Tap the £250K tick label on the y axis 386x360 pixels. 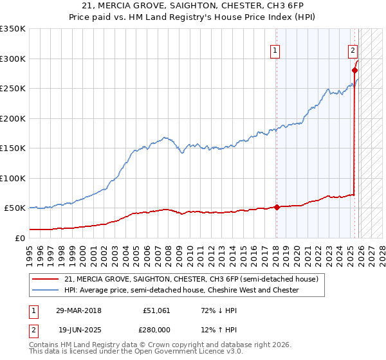[13, 89]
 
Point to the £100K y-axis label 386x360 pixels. [13, 178]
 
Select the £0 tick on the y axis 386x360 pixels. [19, 238]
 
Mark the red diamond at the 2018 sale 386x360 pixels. [277, 207]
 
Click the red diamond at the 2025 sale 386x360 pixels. [354, 71]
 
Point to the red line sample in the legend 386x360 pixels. [45, 279]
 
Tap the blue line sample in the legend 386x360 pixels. [45, 290]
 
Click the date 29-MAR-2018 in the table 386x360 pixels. [79, 310]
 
